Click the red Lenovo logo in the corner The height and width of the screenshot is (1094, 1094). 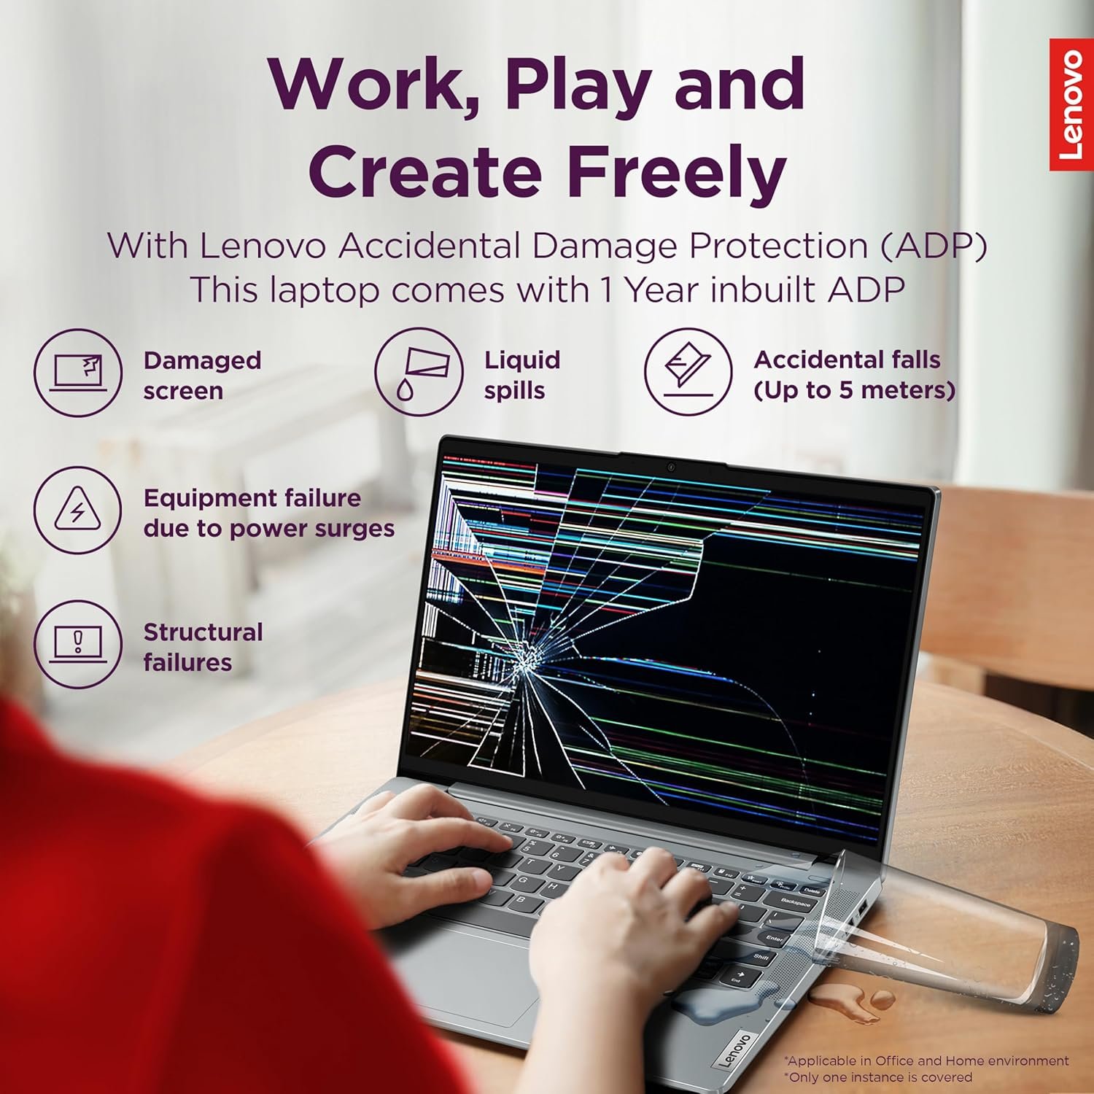coord(1071,104)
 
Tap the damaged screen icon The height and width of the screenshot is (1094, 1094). coord(78,373)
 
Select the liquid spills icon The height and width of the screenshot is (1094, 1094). coord(419,373)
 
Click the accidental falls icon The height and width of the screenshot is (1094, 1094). coord(688,373)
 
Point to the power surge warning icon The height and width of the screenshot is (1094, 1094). coord(78,510)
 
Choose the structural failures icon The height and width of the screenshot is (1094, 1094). coord(78,644)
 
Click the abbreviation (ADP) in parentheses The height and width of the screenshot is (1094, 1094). coord(933,246)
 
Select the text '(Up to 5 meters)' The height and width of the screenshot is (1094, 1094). coord(854,391)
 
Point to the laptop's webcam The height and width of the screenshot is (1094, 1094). coord(671,467)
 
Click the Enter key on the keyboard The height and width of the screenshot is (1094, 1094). coord(775,938)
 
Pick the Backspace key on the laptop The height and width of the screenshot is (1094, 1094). coord(795,902)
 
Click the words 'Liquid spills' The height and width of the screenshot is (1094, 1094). coord(522,375)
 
